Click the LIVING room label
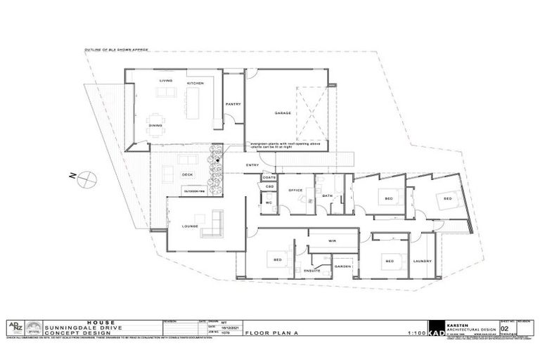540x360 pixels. coord(165,81)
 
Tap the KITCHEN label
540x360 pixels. coord(195,84)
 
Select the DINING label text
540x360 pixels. coord(155,125)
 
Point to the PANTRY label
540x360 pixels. coord(233,104)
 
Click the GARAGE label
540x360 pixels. coord(283,112)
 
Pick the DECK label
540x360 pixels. coord(187,174)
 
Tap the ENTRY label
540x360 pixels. coord(252,165)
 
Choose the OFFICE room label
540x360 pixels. coord(295,190)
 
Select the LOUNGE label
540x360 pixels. coord(190,226)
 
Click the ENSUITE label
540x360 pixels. coord(312,270)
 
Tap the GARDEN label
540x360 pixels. coord(342,266)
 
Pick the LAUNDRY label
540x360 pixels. coord(422,261)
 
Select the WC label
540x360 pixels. coord(269,202)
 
